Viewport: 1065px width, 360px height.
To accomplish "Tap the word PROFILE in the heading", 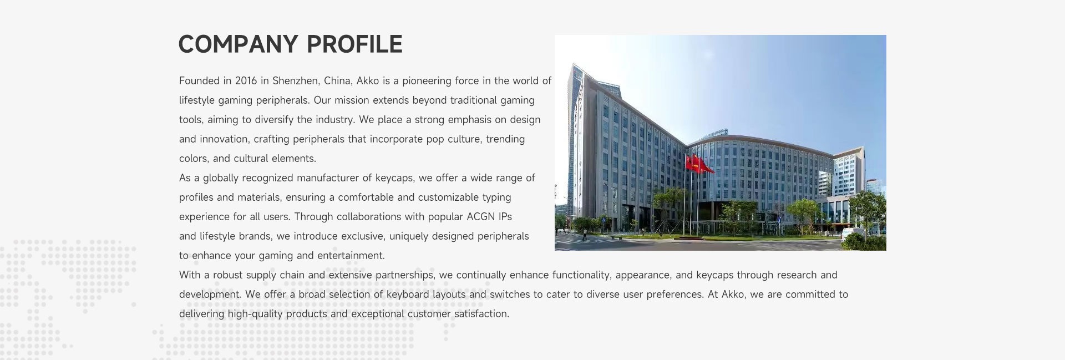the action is pos(354,44).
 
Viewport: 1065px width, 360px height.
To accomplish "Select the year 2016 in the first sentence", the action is pos(246,81).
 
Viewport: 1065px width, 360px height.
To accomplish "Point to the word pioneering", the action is pos(427,81).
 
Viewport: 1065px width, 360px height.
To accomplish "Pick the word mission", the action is pos(352,100).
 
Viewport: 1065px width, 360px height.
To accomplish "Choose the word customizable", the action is pos(448,197).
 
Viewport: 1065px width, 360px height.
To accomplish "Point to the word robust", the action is pos(228,275).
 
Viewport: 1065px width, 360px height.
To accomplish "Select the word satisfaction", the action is pos(481,314).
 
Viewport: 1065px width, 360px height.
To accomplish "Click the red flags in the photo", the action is pos(699,164).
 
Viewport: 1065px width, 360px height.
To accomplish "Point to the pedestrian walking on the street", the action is pos(584,234).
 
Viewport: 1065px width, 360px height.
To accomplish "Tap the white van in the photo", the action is pos(853,233).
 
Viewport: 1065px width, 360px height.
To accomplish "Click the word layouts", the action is pos(449,295).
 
